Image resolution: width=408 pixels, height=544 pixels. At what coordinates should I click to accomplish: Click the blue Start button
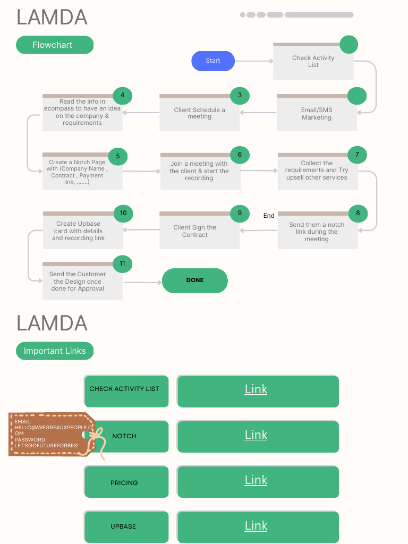(213, 61)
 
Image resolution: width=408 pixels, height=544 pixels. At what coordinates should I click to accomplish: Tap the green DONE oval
(195, 280)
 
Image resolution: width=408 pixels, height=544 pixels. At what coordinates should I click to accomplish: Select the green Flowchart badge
(55, 45)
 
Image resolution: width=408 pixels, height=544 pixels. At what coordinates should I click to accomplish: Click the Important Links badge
(55, 351)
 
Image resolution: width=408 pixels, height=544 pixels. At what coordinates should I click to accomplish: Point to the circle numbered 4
(123, 96)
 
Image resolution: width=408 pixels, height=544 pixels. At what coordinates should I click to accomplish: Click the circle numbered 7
(357, 155)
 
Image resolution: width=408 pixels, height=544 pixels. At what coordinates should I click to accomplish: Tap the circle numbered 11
(123, 263)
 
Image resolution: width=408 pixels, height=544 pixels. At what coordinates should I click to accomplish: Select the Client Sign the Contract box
(195, 232)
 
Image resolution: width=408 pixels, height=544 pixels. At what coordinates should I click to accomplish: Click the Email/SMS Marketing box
(317, 115)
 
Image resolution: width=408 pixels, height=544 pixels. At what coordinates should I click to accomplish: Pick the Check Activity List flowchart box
(313, 62)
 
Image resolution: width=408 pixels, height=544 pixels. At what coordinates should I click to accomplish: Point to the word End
(269, 216)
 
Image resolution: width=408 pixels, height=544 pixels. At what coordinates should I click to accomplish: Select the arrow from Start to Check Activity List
(253, 61)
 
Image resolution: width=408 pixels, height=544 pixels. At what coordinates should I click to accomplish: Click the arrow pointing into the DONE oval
(142, 282)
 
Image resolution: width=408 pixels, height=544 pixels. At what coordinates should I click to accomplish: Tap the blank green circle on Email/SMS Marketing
(357, 96)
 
